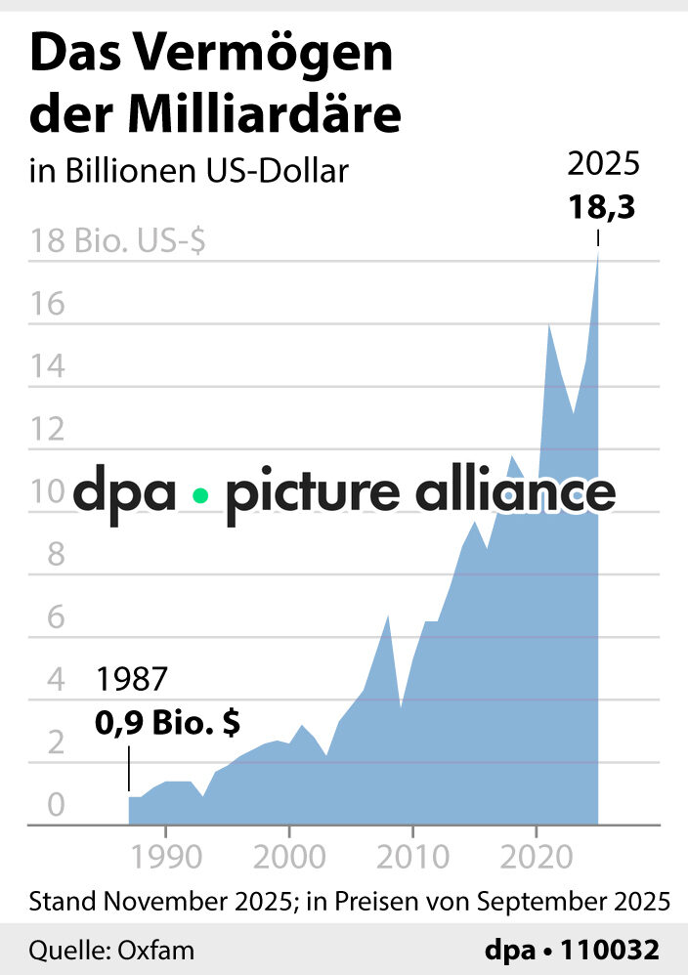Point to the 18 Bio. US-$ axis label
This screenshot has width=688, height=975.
click(117, 241)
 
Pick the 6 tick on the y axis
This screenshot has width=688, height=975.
click(55, 617)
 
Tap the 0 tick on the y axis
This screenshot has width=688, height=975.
click(55, 806)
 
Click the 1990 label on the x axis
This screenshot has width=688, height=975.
click(165, 852)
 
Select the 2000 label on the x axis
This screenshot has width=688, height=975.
click(288, 852)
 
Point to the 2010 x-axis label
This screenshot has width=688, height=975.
click(412, 852)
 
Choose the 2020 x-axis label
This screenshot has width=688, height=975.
click(536, 852)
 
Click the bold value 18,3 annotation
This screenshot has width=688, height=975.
click(599, 208)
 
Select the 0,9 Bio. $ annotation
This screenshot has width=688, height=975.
click(168, 724)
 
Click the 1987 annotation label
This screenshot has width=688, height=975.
click(132, 679)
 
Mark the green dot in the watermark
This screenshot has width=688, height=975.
click(200, 495)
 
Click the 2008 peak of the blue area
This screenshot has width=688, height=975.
click(388, 615)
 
